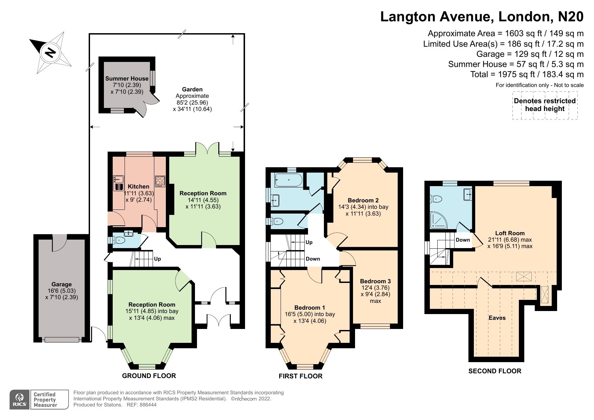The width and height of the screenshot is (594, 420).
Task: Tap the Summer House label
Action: pyautogui.click(x=127, y=79)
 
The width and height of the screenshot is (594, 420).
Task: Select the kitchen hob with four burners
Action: pyautogui.click(x=160, y=181)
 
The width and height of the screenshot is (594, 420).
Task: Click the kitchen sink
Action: pyautogui.click(x=118, y=183)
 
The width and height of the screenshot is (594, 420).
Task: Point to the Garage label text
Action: pyautogui.click(x=62, y=285)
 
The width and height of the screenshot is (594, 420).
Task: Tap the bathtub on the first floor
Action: pyautogui.click(x=288, y=180)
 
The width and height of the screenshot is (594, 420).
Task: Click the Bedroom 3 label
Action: pyautogui.click(x=375, y=281)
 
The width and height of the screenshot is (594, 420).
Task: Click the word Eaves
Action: pyautogui.click(x=497, y=318)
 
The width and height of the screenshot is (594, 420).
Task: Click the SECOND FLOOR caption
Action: pyautogui.click(x=494, y=371)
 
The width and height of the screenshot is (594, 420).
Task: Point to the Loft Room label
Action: pyautogui.click(x=510, y=233)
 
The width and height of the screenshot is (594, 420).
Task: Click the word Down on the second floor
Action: pyautogui.click(x=463, y=240)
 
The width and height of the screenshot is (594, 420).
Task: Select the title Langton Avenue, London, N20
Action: pyautogui.click(x=482, y=17)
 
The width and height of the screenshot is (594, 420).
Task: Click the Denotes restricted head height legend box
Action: pyautogui.click(x=545, y=105)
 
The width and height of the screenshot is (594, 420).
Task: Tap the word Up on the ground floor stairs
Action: pyautogui.click(x=157, y=259)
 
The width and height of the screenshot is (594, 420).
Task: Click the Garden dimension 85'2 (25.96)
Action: pyautogui.click(x=192, y=103)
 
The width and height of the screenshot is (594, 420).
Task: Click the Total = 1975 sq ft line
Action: pyautogui.click(x=527, y=74)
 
